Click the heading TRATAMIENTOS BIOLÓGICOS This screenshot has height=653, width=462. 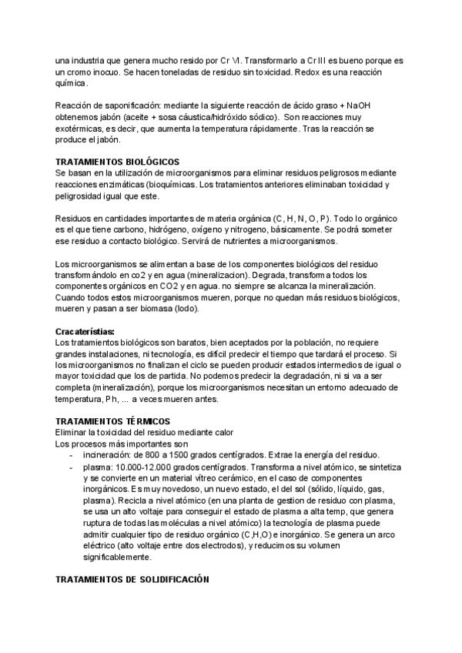point(117,162)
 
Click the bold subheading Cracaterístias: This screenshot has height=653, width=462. point(85,332)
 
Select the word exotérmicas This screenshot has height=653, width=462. point(82,128)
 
